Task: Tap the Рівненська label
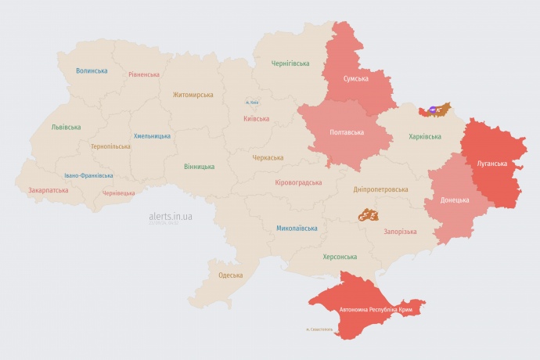144,74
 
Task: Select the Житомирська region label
193,95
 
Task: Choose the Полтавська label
346,132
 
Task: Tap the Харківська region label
425,137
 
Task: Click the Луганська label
492,164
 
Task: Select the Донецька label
455,200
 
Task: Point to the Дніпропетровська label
380,189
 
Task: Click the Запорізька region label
400,232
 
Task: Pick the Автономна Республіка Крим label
376,310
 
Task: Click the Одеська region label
230,275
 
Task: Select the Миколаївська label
297,229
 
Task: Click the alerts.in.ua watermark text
171,216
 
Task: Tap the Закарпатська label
49,190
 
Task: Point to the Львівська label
66,127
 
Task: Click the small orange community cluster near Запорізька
369,214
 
